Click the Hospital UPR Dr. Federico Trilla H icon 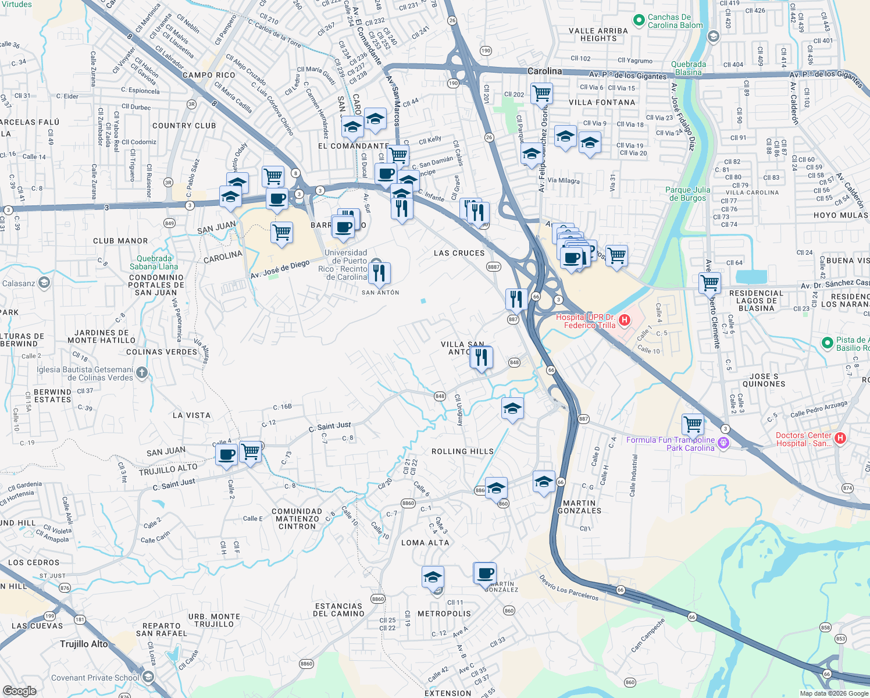[625, 320]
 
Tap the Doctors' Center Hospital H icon [840, 439]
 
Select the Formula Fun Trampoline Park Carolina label [671, 444]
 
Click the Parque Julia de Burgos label [687, 194]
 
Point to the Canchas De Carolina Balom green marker [639, 20]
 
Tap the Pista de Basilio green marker [828, 343]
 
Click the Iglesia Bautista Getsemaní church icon [142, 373]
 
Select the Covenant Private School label [95, 678]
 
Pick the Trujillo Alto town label [84, 644]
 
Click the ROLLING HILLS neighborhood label [462, 451]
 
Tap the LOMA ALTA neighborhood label [425, 543]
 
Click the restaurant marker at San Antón [379, 273]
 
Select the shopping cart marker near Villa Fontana [541, 92]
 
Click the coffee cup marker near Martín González [484, 574]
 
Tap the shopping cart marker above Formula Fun [693, 425]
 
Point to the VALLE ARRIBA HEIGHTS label [598, 34]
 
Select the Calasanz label [19, 283]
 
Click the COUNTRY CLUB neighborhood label [184, 126]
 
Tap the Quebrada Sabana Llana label [154, 262]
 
